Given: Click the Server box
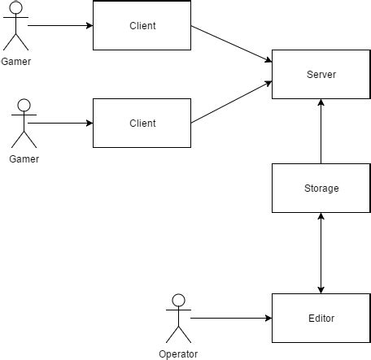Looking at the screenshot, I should [321, 75].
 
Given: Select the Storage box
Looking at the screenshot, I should [321, 188].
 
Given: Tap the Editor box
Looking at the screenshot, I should [321, 318].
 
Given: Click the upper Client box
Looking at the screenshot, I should [142, 26].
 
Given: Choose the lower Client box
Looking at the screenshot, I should [142, 123].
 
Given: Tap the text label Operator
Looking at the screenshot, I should [178, 353].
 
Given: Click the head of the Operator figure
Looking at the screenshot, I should [178, 301].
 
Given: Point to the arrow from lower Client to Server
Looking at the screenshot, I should [231, 102].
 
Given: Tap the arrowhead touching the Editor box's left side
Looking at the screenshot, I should [267, 318].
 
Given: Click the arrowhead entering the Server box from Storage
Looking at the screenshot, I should [321, 104].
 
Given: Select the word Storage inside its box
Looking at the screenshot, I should [321, 188].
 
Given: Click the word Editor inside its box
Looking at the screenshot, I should [321, 318].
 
